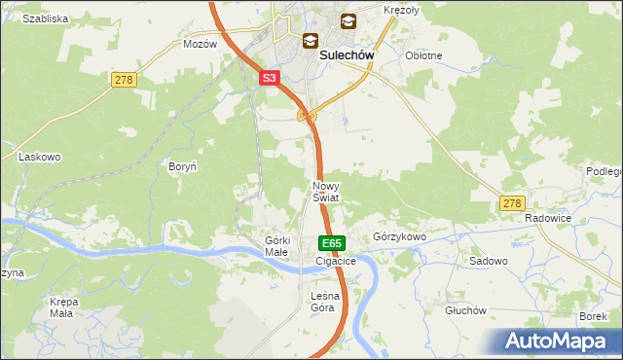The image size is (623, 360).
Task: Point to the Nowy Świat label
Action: (325, 191)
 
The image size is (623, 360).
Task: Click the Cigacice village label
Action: (336, 262)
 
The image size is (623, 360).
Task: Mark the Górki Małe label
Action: (277, 246)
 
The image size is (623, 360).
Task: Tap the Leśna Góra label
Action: (322, 302)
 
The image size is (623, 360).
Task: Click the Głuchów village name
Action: (464, 310)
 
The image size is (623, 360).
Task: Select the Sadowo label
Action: (489, 262)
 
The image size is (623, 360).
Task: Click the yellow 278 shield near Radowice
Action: (513, 203)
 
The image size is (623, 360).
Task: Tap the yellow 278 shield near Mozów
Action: (123, 79)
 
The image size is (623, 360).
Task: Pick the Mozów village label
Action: (200, 45)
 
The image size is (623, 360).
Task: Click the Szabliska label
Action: (45, 18)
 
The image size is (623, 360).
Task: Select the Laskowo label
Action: (40, 156)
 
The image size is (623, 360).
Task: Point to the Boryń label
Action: (183, 167)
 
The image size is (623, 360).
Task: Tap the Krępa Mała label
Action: (63, 307)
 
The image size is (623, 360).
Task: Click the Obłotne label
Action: (423, 55)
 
